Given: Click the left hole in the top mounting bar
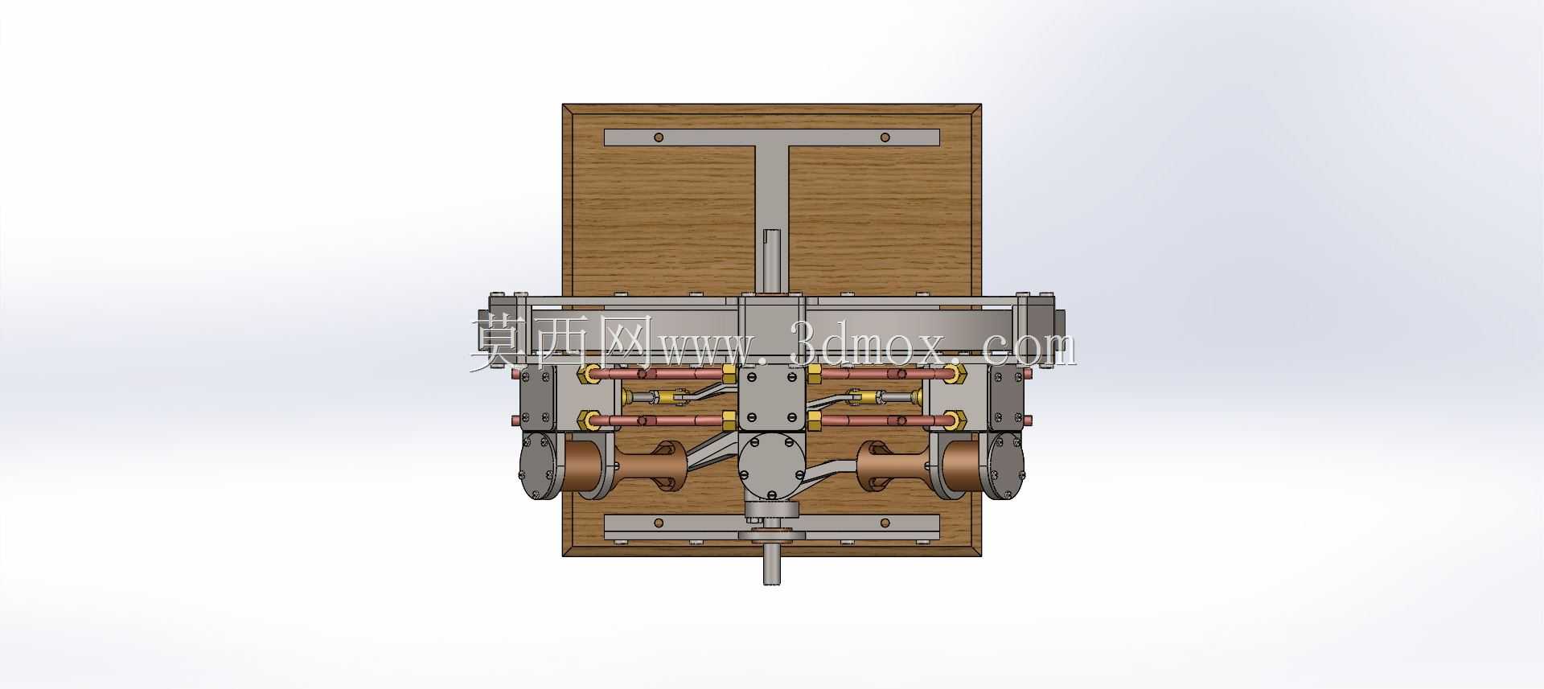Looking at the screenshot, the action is (x=659, y=137).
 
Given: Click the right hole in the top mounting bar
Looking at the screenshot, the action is (x=885, y=137).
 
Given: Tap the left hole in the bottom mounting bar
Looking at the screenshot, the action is (x=659, y=523).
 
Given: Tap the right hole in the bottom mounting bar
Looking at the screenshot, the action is (x=885, y=523).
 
